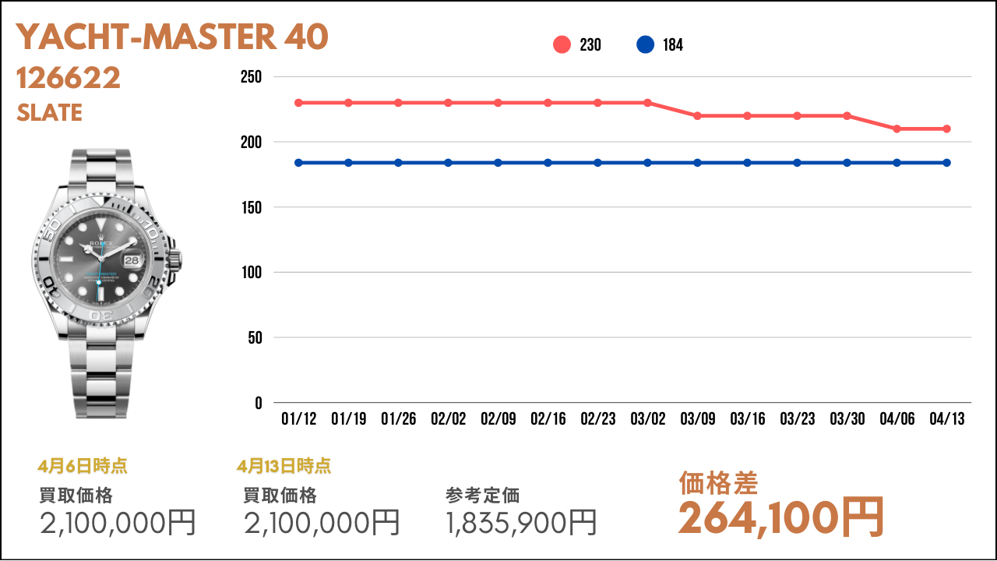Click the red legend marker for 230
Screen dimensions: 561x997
(562, 45)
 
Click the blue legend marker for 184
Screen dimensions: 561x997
(645, 45)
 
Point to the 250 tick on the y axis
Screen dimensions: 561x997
(252, 77)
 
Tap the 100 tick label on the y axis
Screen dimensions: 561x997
(252, 273)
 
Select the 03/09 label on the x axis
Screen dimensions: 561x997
(697, 419)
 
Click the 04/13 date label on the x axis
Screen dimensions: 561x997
(946, 419)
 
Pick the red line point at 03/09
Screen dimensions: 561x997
(697, 116)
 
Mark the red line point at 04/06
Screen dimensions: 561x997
(897, 129)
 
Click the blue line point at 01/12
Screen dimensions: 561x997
(298, 163)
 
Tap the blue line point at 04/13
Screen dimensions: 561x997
(946, 163)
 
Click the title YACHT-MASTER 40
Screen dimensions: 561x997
(172, 37)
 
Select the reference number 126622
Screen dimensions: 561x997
(69, 78)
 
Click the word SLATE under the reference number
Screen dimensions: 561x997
(49, 113)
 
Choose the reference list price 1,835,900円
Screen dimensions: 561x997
(521, 523)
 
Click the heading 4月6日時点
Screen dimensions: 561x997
(83, 467)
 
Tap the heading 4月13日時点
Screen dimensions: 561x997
(284, 467)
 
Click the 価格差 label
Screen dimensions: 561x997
(718, 483)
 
